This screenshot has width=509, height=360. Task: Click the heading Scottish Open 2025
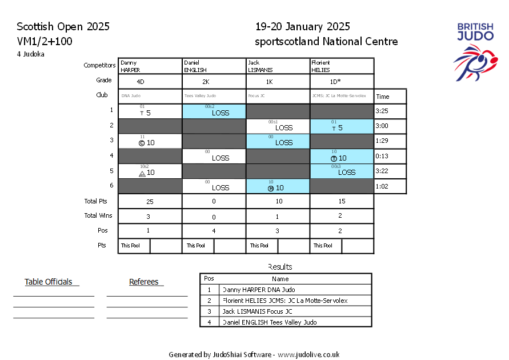pos(63,27)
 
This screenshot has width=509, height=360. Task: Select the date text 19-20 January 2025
pos(302,27)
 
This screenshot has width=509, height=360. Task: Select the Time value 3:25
pos(382,111)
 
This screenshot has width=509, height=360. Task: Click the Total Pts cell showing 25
pos(149,202)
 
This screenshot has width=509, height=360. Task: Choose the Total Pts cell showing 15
pos(341,202)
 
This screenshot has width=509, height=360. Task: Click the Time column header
pos(382,97)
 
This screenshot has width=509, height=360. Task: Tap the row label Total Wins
pos(98,215)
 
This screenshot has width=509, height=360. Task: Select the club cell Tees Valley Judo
pos(200,96)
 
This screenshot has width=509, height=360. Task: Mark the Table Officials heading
pos(49,282)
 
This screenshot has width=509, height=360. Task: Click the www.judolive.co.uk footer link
pos(308,354)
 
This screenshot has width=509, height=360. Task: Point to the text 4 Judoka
pos(30,54)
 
